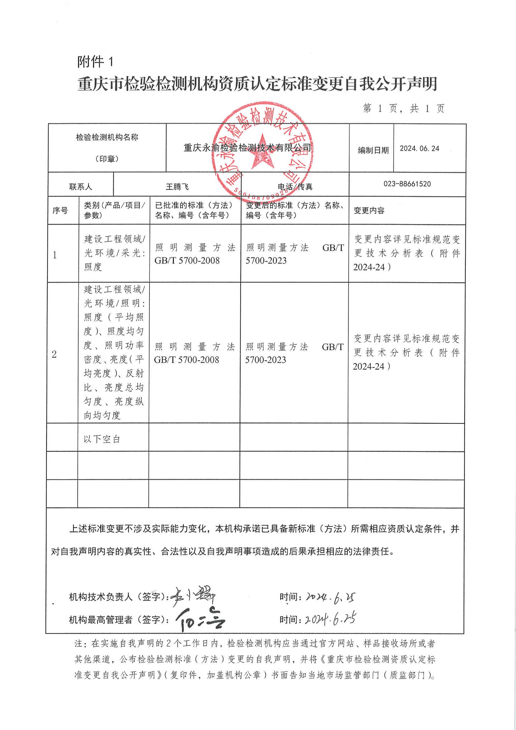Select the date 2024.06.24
[420, 148]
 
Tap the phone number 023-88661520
[407, 184]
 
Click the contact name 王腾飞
[177, 186]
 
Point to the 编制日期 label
[373, 150]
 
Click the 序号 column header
[60, 210]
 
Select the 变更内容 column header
[369, 211]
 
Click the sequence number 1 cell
[55, 255]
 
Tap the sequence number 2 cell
[54, 354]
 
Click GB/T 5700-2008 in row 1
[187, 261]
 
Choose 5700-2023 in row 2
[266, 360]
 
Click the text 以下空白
[102, 439]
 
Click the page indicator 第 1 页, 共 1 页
[403, 109]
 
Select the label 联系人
[81, 187]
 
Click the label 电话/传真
[295, 186]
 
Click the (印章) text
[107, 159]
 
